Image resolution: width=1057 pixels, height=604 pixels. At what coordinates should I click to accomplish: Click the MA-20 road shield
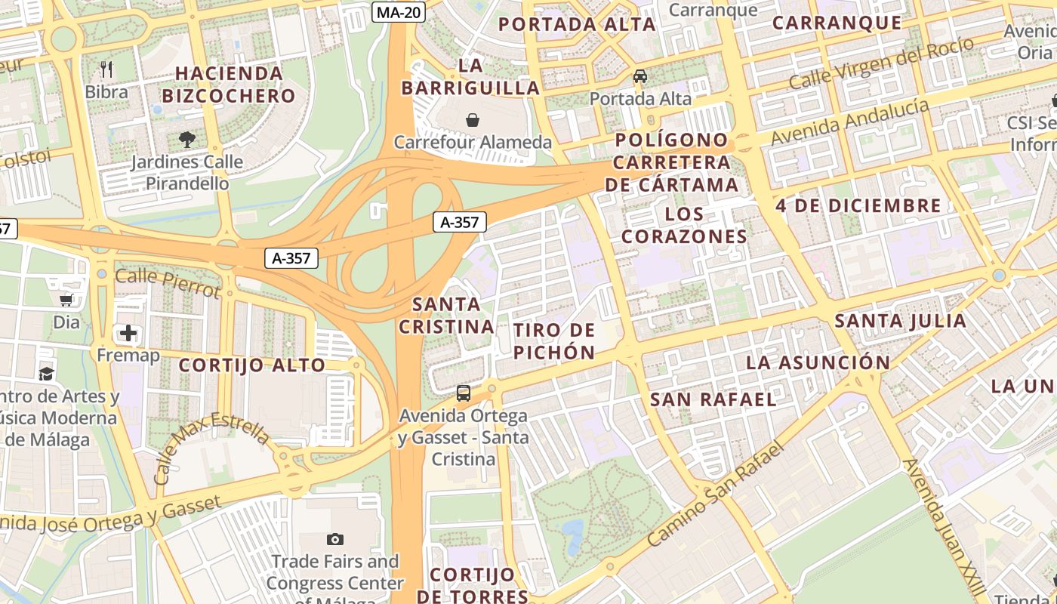[399, 12]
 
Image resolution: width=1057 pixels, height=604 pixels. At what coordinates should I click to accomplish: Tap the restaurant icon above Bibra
[106, 69]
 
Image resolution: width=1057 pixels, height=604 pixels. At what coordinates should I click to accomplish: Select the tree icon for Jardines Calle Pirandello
[187, 139]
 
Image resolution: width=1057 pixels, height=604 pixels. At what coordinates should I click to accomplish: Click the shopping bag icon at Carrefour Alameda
[473, 120]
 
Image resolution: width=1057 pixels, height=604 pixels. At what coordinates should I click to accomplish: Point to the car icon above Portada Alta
[640, 76]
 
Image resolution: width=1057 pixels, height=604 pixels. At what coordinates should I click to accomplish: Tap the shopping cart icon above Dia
[66, 300]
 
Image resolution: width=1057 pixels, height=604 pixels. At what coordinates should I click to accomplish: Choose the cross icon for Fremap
[128, 332]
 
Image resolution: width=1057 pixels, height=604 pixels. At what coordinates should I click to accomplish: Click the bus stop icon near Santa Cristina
[463, 393]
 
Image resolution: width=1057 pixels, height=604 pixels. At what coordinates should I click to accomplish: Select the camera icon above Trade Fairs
[335, 539]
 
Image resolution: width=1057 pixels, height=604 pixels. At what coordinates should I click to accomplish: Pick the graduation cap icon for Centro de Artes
[46, 374]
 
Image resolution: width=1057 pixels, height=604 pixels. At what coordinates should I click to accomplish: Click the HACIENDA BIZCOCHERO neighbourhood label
[229, 85]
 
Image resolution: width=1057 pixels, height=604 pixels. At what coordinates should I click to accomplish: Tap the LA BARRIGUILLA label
[470, 77]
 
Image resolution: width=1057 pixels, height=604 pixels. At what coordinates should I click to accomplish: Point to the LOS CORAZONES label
[685, 225]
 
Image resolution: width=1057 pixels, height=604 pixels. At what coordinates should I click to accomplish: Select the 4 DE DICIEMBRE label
[858, 205]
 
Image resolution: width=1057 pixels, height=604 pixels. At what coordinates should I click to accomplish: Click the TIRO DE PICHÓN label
[554, 341]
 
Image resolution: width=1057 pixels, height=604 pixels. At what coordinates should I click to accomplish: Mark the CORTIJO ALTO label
[251, 365]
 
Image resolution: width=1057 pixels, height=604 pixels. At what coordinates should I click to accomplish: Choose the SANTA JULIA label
[900, 321]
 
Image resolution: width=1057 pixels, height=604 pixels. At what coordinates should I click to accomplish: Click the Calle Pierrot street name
[168, 282]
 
